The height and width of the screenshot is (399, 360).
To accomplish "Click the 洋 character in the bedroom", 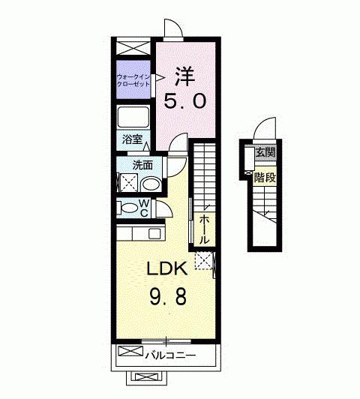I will click(184, 76).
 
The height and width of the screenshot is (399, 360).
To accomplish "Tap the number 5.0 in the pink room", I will click(184, 101).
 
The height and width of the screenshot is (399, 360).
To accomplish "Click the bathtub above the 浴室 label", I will click(134, 118).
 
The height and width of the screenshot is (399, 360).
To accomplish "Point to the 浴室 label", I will click(131, 139).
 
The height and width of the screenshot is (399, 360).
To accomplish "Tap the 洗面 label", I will click(142, 164).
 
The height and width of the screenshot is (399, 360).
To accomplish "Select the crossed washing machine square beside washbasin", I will click(128, 182).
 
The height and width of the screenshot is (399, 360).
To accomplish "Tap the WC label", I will click(145, 208).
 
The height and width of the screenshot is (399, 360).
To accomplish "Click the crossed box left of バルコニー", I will click(129, 352).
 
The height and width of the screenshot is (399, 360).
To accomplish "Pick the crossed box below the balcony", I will click(142, 378).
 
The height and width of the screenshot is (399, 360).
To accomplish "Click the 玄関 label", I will click(265, 153).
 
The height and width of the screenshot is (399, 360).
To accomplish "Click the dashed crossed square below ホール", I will click(202, 259).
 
